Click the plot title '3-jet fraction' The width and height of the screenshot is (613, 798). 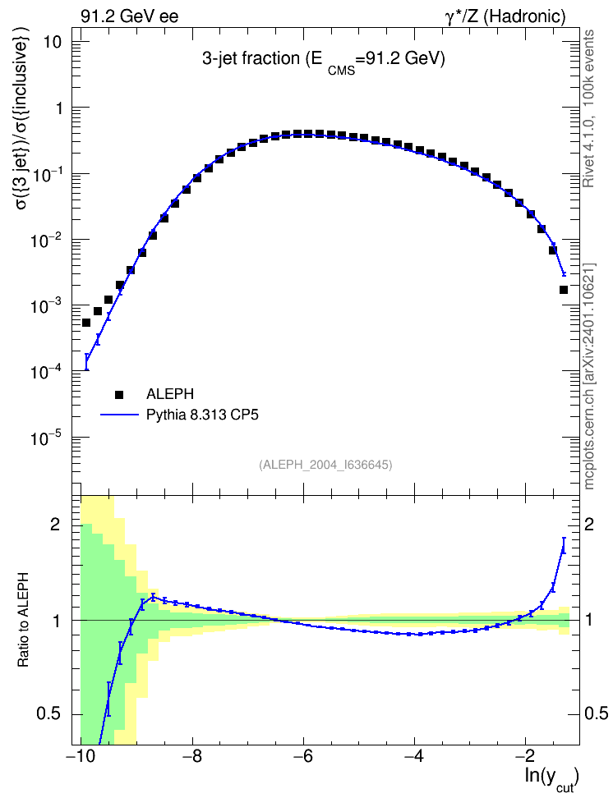[x=251, y=58]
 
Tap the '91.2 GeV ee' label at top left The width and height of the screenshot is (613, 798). [x=130, y=16]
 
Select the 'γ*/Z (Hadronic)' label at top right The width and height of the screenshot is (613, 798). [x=505, y=16]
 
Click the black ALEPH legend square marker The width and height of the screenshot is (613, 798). [x=119, y=394]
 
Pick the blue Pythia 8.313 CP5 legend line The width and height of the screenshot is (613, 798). [x=120, y=415]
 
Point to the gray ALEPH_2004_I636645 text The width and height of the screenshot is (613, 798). [x=325, y=465]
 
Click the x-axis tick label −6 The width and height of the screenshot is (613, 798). [x=303, y=756]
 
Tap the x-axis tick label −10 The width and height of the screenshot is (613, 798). [x=81, y=756]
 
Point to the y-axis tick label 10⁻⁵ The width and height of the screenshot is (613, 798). [x=45, y=438]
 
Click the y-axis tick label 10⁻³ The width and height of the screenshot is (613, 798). [x=45, y=306]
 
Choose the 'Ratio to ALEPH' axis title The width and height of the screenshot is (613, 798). [x=23, y=621]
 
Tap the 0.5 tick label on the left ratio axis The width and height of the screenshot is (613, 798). [x=49, y=714]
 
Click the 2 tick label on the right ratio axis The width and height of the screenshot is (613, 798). [x=589, y=524]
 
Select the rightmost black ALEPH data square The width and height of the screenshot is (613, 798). [x=564, y=290]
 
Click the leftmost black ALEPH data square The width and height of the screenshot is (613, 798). [x=86, y=323]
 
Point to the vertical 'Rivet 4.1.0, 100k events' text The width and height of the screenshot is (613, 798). [x=588, y=108]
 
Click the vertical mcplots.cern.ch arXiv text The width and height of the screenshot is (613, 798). [x=589, y=376]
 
